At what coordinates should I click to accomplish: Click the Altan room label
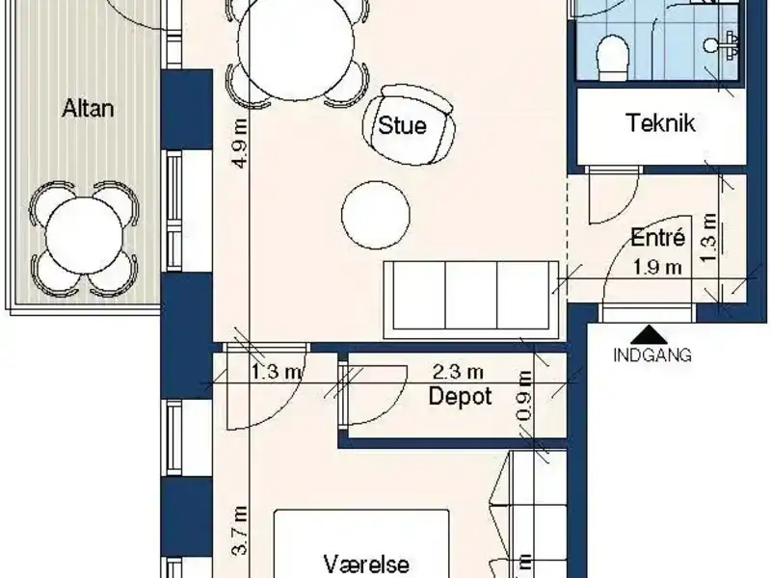tap(88, 107)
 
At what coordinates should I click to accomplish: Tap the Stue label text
tap(402, 124)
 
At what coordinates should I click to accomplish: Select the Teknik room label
tap(660, 123)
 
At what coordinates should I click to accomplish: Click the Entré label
tap(657, 238)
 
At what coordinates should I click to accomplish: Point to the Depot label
tap(461, 396)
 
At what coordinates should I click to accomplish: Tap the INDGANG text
tap(652, 355)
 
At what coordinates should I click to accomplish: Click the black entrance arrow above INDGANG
tap(652, 332)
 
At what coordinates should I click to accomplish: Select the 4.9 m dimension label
tap(240, 144)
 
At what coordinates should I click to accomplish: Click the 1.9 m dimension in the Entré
tap(657, 266)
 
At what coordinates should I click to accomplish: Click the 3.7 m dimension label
tap(240, 532)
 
